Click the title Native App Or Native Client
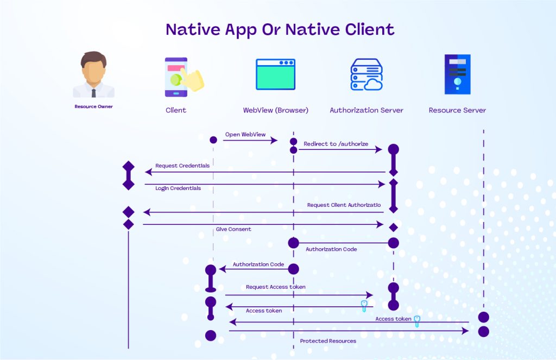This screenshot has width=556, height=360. tap(280, 29)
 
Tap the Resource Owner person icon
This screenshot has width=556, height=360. tap(93, 74)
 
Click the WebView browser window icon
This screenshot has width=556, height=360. tap(275, 74)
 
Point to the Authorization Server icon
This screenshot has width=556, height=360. tap(366, 74)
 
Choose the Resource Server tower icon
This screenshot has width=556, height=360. tap(457, 75)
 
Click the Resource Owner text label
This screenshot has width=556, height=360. tap(93, 106)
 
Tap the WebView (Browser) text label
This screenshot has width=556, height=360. tap(275, 110)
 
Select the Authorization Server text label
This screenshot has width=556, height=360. tap(367, 110)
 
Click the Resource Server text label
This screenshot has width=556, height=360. tap(457, 110)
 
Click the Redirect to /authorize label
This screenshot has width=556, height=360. tap(336, 144)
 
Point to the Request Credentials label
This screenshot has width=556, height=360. tap(182, 166)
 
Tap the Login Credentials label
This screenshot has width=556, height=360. tap(178, 188)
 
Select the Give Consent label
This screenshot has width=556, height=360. tap(233, 229)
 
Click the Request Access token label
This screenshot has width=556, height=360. tap(275, 287)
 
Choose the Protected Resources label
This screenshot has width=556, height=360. tap(328, 341)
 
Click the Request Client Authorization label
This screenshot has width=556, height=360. tap(344, 205)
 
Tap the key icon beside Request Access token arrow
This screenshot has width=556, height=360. tap(364, 306)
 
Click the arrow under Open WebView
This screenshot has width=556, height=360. tap(250, 141)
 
